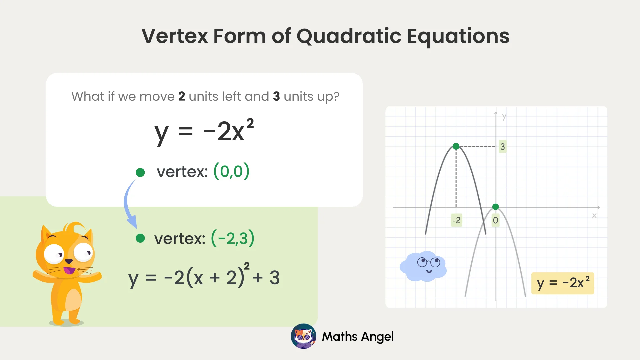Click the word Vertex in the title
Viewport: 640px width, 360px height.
pyautogui.click(x=175, y=36)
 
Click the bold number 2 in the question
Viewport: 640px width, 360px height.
pyautogui.click(x=182, y=97)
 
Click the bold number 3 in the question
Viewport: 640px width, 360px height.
pyautogui.click(x=276, y=97)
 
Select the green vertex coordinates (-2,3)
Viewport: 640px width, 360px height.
pyautogui.click(x=233, y=238)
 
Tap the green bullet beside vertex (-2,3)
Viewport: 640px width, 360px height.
pyautogui.click(x=140, y=238)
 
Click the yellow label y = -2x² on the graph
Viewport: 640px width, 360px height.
pyautogui.click(x=563, y=283)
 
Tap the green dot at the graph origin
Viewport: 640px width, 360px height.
pyautogui.click(x=496, y=207)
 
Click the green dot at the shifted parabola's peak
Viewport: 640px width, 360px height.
pyautogui.click(x=456, y=146)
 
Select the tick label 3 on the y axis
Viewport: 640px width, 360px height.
pyautogui.click(x=503, y=147)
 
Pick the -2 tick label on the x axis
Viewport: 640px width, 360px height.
pyautogui.click(x=456, y=220)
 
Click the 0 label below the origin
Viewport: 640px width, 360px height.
pyautogui.click(x=496, y=220)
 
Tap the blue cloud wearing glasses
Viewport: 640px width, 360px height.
pyautogui.click(x=423, y=266)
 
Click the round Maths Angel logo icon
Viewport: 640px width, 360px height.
pyautogui.click(x=303, y=336)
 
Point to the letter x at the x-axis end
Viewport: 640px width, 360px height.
pyautogui.click(x=594, y=216)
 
